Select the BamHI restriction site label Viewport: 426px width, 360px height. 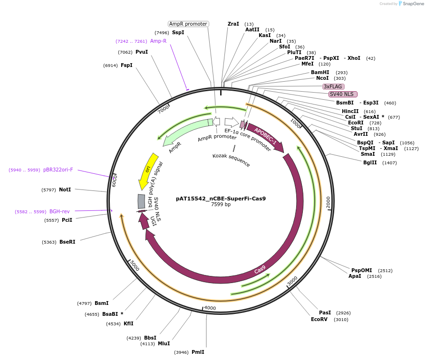320,72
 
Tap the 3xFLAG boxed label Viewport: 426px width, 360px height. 333,86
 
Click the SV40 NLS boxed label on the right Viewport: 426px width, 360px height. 343,94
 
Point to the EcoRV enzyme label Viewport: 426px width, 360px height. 319,320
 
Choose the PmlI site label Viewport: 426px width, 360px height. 198,352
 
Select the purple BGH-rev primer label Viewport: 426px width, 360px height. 59,211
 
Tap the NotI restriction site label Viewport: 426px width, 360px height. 65,189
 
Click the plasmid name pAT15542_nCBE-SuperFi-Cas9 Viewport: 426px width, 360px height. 221,199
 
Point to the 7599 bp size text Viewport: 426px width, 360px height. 221,205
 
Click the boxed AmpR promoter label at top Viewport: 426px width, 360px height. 188,24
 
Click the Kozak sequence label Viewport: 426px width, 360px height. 231,160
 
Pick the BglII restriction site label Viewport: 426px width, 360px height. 370,162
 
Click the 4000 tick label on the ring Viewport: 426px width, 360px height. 210,308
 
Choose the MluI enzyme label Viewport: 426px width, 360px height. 164,343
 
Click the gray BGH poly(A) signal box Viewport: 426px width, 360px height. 141,201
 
